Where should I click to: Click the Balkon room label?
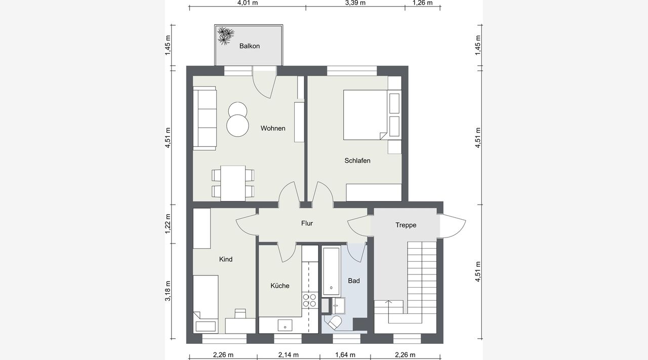(x=250, y=46)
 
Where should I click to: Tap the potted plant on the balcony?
(x=225, y=36)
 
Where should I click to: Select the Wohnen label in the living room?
(x=273, y=128)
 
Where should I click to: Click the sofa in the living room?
(x=205, y=118)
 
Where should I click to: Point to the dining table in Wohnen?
(x=233, y=183)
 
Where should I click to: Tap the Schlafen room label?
(x=357, y=161)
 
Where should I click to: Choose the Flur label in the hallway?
(x=307, y=223)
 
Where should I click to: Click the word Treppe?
(x=406, y=225)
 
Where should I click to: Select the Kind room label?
(x=226, y=259)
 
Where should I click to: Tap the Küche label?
(x=280, y=286)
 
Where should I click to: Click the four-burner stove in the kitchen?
(x=309, y=300)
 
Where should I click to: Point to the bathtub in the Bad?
(x=331, y=271)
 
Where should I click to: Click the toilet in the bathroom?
(x=334, y=323)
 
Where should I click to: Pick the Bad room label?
(x=354, y=281)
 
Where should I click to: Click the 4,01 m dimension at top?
(x=248, y=3)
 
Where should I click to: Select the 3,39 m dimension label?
(x=355, y=3)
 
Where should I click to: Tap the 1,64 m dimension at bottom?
(x=345, y=355)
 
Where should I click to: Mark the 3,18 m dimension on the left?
(x=168, y=291)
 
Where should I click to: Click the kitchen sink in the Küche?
(x=285, y=325)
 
